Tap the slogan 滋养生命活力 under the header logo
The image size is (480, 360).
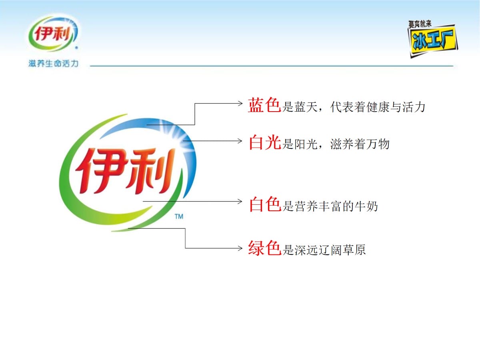pos(53,64)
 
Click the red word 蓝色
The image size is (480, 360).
pos(264,105)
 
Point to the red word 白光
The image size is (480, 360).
pos(265,142)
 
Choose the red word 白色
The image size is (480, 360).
pos(265,204)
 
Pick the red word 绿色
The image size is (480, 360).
pos(265,248)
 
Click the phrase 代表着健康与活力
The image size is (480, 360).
pos(378,107)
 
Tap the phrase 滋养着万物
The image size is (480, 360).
pos(360,144)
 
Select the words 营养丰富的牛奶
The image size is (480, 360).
pos(336,206)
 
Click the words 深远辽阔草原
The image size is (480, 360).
pos(330,250)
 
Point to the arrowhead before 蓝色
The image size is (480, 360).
pos(240,103)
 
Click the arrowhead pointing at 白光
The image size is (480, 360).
pos(240,141)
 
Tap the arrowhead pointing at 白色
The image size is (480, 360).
pos(240,201)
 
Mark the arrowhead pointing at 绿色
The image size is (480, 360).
pos(240,248)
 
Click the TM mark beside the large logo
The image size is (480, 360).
pos(179,217)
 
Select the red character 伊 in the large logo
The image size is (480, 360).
pos(101,171)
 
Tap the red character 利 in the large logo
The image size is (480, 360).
pos(150,171)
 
